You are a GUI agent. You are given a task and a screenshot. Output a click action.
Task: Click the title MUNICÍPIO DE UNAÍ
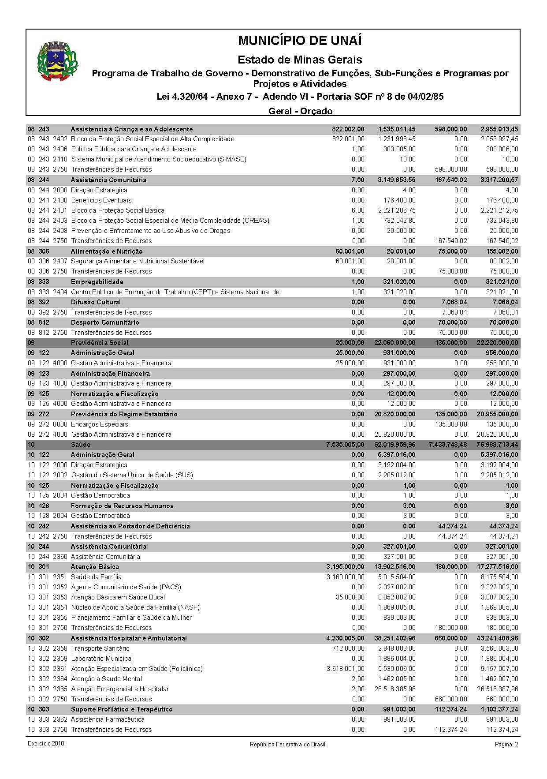coord(300,41)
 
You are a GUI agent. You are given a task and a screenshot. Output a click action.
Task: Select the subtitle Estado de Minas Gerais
coord(300,60)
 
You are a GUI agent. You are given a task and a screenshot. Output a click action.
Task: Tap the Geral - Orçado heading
coord(300,111)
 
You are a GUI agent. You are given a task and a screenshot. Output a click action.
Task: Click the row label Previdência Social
coord(100,343)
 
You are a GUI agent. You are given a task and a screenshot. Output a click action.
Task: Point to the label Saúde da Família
coord(96,577)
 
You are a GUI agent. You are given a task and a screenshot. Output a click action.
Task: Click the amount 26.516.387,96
coord(497,689)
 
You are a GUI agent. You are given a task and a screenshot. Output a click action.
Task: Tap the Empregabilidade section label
coord(97,282)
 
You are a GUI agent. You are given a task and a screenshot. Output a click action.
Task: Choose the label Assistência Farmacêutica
coord(108,719)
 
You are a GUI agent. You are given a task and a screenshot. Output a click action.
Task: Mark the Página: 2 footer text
coord(506,745)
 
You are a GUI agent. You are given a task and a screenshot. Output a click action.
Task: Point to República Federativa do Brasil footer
coord(287,745)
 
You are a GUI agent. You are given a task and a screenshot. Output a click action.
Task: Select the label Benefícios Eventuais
coord(101,200)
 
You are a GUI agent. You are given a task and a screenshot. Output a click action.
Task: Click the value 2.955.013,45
coord(499,129)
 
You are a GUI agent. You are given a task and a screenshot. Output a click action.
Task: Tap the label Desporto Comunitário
coord(105,322)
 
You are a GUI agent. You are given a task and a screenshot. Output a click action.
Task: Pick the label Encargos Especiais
coord(100,424)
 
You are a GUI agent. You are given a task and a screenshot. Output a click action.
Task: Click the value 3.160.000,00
coord(346,577)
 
